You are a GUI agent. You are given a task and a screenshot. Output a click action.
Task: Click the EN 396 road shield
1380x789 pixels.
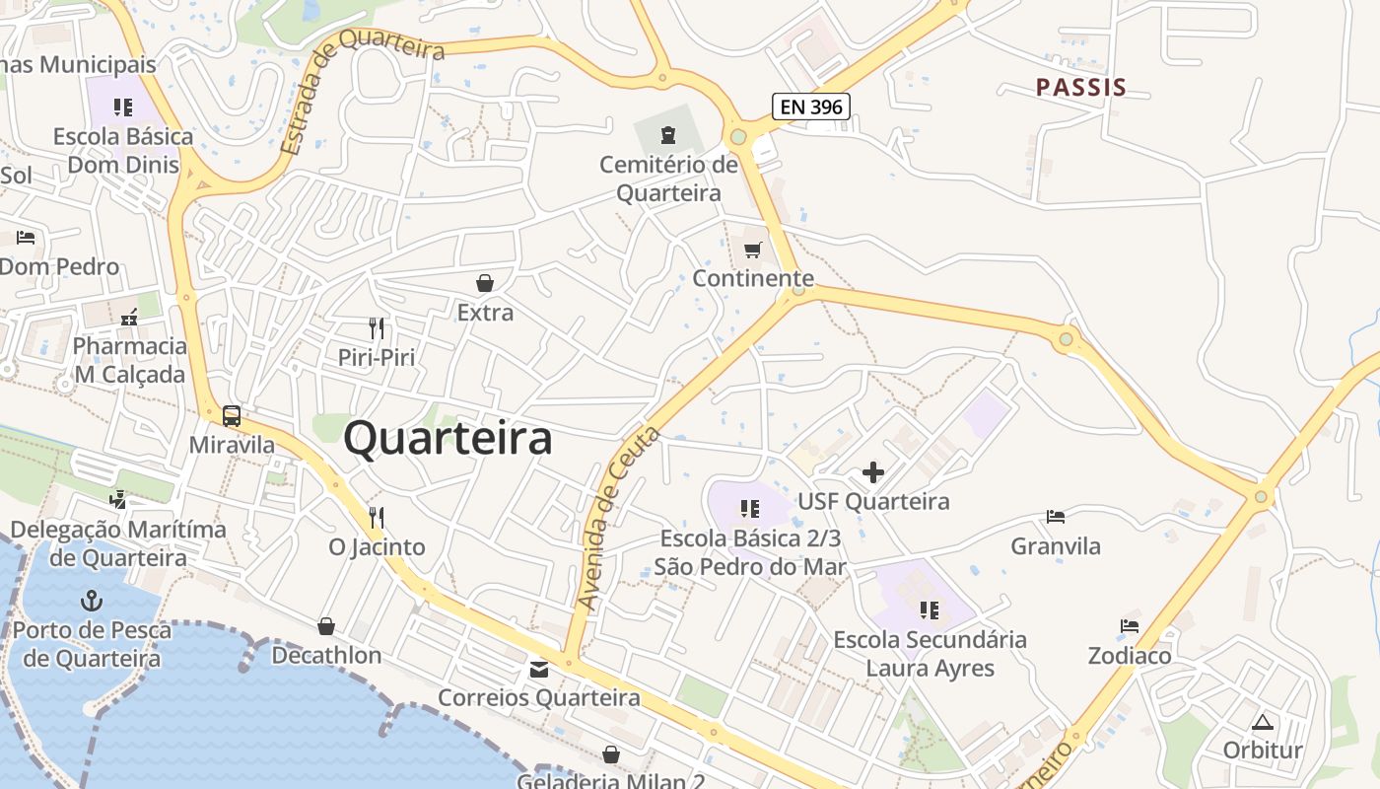(x=810, y=107)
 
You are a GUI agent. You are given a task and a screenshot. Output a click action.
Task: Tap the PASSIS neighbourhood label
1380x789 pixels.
(x=1080, y=87)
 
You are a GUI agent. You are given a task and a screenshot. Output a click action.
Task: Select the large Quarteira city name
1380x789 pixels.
(x=448, y=439)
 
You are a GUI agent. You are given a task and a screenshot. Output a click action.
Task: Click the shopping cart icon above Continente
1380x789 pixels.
(x=753, y=250)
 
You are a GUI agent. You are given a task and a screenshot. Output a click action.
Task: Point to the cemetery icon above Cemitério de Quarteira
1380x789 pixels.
(x=668, y=133)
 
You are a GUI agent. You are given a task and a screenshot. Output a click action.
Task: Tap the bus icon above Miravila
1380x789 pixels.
(x=232, y=416)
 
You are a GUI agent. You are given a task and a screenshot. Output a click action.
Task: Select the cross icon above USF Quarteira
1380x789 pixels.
(x=872, y=472)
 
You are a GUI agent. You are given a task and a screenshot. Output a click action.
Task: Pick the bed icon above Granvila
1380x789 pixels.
(x=1056, y=517)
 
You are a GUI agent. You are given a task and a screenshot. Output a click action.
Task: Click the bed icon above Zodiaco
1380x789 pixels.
(x=1130, y=626)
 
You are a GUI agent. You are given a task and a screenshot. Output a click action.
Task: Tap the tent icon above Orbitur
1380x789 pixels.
(x=1263, y=722)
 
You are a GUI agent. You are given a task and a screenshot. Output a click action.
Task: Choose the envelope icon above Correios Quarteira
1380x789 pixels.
(x=539, y=670)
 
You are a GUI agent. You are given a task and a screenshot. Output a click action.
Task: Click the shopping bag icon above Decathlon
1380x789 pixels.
(x=326, y=626)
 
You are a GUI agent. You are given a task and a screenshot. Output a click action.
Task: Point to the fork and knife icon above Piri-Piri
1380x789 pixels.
(x=377, y=328)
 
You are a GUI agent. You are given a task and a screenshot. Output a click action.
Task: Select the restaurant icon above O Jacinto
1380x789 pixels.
(x=376, y=517)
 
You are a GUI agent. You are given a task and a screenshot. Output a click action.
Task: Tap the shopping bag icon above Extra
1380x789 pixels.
(x=485, y=284)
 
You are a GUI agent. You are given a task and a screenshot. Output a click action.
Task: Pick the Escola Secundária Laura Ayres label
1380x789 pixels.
(x=931, y=654)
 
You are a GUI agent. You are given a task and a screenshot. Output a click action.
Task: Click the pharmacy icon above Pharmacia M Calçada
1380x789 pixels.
(x=129, y=318)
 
